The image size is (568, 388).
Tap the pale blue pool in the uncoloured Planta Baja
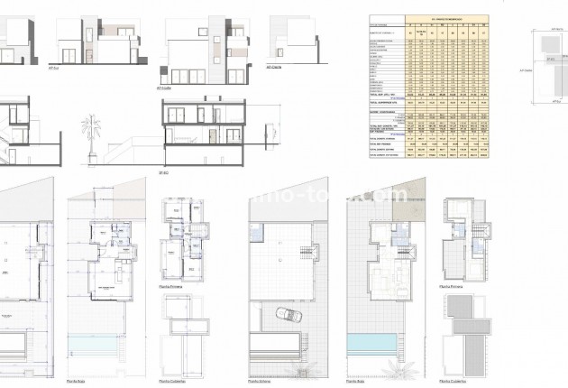coord(107,346)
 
